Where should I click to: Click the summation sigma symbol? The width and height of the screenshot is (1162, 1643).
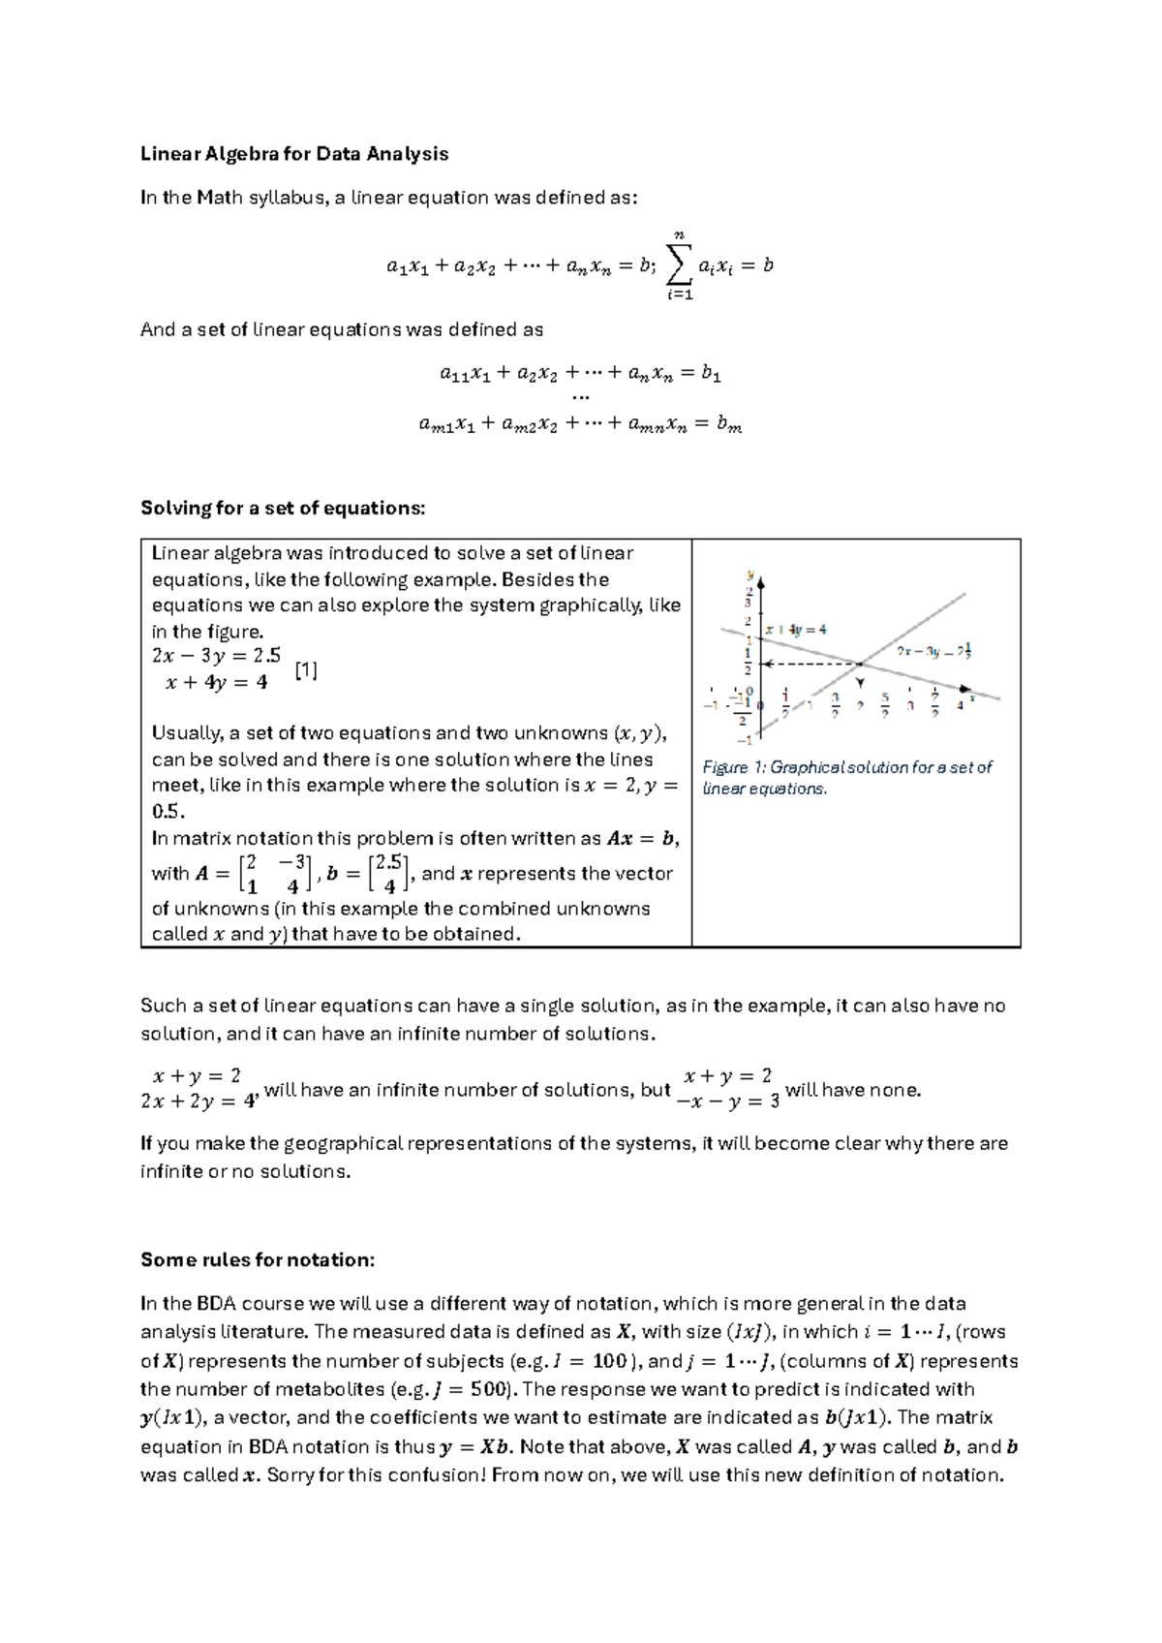click(680, 263)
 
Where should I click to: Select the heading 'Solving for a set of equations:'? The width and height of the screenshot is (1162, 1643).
click(283, 508)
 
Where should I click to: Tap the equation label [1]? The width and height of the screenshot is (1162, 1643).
click(306, 669)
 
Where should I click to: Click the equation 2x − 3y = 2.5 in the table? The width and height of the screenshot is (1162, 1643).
click(216, 655)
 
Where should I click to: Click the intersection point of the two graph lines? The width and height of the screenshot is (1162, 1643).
click(860, 664)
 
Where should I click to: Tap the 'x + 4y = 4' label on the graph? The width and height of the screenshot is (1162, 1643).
click(796, 629)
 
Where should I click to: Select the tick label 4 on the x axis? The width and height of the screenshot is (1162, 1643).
click(960, 705)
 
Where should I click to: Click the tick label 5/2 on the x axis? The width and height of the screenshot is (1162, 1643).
click(884, 704)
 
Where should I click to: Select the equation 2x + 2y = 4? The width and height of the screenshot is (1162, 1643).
click(198, 1102)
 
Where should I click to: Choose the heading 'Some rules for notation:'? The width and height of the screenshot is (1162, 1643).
click(257, 1259)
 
